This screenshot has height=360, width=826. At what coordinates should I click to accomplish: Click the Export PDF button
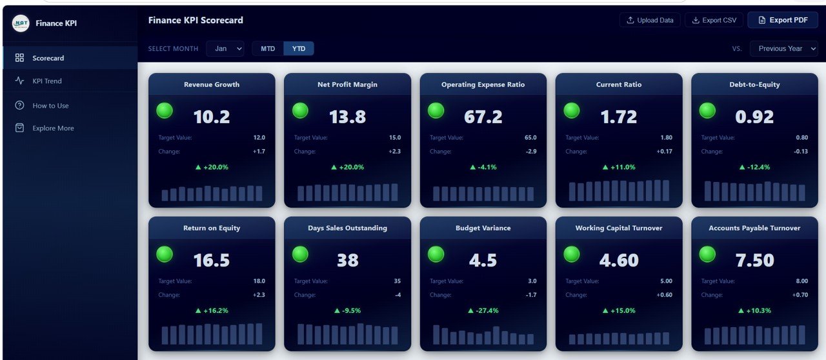click(x=782, y=20)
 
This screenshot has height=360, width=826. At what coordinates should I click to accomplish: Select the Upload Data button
click(x=649, y=20)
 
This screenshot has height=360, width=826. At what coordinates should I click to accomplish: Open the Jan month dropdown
click(x=225, y=48)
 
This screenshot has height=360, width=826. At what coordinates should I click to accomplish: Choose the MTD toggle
click(x=268, y=48)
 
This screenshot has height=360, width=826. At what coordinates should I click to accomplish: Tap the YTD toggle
click(x=299, y=48)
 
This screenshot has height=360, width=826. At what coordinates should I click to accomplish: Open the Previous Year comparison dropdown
click(x=783, y=48)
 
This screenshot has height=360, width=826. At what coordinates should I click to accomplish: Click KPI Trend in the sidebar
click(x=47, y=81)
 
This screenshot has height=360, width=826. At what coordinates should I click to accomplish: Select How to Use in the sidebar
click(x=50, y=106)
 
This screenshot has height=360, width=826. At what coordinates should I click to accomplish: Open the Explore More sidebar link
click(x=53, y=128)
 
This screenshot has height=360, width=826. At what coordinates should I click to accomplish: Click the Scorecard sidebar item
click(x=48, y=58)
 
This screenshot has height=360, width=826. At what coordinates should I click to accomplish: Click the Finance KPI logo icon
click(x=21, y=23)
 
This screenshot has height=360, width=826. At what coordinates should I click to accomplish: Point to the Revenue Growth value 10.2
click(x=212, y=117)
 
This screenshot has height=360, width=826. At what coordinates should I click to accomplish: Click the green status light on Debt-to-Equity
click(x=708, y=110)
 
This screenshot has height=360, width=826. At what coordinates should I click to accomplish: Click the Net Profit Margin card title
click(x=347, y=85)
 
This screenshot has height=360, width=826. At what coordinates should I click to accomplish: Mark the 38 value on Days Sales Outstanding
click(x=347, y=260)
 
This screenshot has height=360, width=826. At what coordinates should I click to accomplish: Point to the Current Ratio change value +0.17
click(x=664, y=152)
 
